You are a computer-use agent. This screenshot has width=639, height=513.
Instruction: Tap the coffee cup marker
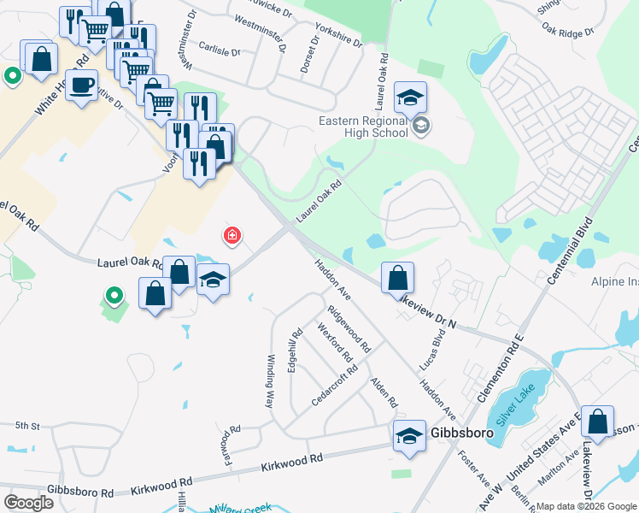tap(82, 85)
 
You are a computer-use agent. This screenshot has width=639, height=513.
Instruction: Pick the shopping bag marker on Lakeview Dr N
tap(397, 279)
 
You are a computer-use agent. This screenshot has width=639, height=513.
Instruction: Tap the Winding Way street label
tap(270, 380)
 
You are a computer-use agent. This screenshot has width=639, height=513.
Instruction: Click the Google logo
tap(28, 503)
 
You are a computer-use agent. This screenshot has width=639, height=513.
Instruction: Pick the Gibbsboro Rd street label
tap(81, 494)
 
